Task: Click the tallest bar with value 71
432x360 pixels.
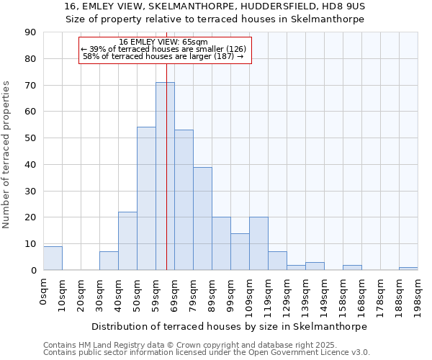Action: tap(165, 176)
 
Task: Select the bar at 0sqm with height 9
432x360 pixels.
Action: tap(53, 258)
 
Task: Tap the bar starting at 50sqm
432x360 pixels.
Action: tap(146, 199)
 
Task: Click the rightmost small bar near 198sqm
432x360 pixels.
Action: tap(408, 269)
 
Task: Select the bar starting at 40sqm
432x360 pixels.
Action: tap(127, 241)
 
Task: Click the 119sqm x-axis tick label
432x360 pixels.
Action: tap(268, 294)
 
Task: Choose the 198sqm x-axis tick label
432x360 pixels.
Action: tap(418, 294)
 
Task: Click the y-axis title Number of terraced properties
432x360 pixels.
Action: tap(6, 155)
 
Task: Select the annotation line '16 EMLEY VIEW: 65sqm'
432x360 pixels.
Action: tap(163, 42)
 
